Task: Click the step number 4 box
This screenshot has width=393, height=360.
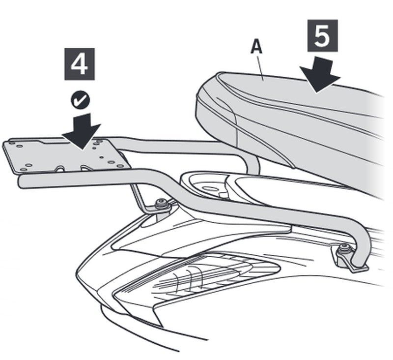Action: tap(80, 64)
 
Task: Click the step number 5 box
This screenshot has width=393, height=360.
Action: tap(322, 36)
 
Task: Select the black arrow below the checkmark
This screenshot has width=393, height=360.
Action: tap(82, 131)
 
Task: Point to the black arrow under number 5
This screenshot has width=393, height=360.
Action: tap(320, 75)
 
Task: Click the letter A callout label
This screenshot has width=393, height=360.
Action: tap(256, 47)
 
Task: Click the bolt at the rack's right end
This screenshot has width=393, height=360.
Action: tap(344, 250)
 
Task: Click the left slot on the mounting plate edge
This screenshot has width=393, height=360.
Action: tap(60, 169)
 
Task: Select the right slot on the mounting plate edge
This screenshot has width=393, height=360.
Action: tap(85, 168)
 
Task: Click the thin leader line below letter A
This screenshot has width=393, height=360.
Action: tap(259, 67)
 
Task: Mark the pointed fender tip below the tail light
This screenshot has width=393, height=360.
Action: tap(161, 326)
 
